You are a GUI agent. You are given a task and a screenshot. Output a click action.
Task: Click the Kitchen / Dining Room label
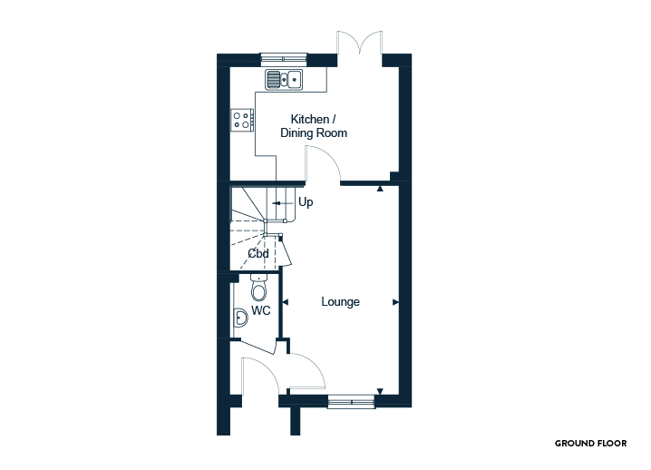point(314,126)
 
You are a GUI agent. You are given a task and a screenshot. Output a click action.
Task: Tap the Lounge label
point(340,302)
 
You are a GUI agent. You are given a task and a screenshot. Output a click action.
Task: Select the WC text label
point(261,310)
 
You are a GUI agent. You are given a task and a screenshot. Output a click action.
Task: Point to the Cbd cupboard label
point(258,253)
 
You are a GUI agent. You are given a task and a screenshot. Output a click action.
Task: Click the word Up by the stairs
point(306,202)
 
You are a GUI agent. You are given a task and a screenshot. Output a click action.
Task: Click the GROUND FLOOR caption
point(591,444)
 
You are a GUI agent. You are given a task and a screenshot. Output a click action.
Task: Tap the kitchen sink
point(284,79)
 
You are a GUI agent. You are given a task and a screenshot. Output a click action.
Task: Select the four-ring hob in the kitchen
point(242,120)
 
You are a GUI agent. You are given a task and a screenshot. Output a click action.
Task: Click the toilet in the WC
point(258,288)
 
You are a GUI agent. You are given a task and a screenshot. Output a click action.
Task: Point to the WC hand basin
point(240,318)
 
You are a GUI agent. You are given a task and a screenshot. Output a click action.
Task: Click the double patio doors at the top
point(360,43)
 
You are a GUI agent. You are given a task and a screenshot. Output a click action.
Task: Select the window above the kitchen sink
point(284,59)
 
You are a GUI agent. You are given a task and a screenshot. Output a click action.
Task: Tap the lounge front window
point(351,401)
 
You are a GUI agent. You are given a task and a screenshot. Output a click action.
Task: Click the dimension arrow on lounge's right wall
point(395,302)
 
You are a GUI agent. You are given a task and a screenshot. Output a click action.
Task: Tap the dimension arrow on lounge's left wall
point(286,302)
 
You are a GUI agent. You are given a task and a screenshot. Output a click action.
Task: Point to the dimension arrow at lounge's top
point(380,189)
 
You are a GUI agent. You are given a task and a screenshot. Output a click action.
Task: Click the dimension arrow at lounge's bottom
point(380,391)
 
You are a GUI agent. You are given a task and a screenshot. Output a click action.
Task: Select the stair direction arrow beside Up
point(283,203)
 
